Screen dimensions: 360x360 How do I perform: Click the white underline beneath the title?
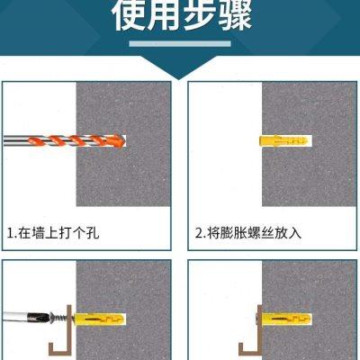[180, 41]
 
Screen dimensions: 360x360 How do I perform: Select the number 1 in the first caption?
[11, 233]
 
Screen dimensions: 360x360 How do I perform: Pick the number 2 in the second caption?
[199, 233]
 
